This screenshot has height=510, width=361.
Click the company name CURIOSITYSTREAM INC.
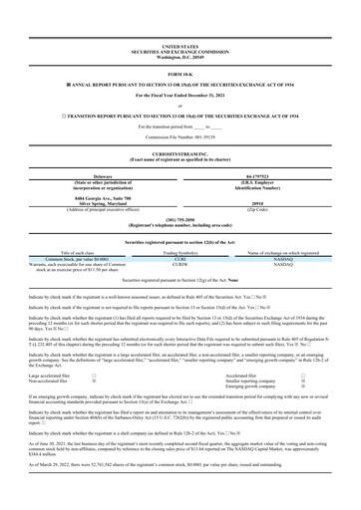point(180,138)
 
